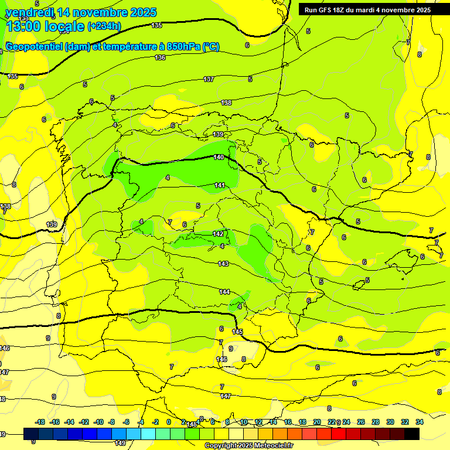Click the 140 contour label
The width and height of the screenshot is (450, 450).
[x=219, y=157]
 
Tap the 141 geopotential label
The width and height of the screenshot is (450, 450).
[x=220, y=185]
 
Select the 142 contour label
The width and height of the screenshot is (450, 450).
[x=218, y=234]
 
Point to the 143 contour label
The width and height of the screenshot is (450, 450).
[x=223, y=264]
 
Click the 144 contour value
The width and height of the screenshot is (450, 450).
[x=224, y=292]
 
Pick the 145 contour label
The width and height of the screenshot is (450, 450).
[x=237, y=332]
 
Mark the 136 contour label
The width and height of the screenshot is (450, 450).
[x=160, y=57]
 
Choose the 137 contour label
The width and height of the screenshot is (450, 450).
[x=209, y=79]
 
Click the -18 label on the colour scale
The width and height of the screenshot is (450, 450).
[x=40, y=422]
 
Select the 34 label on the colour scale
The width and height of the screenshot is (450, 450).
[x=420, y=422]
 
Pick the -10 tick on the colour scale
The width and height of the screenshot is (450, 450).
[x=98, y=422]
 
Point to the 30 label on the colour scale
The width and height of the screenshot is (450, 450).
[x=390, y=422]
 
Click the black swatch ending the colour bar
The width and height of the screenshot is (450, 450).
[x=412, y=434]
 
